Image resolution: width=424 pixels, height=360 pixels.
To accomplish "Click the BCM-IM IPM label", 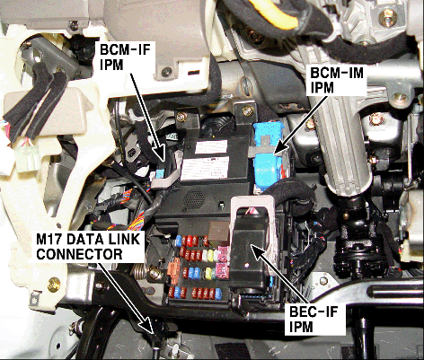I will point(336,83).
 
